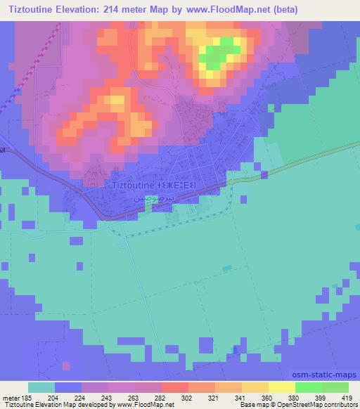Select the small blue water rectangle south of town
(226, 268)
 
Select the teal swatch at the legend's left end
(41, 387)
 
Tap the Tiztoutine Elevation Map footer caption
(42, 405)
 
